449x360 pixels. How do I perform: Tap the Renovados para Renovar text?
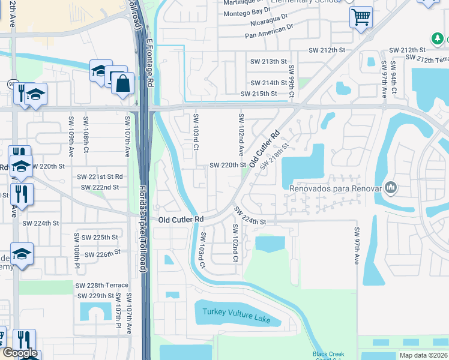point(336,188)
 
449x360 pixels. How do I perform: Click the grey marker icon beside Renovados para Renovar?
point(391,188)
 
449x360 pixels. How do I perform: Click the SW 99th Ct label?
point(292,82)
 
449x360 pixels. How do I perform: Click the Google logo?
point(20,353)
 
